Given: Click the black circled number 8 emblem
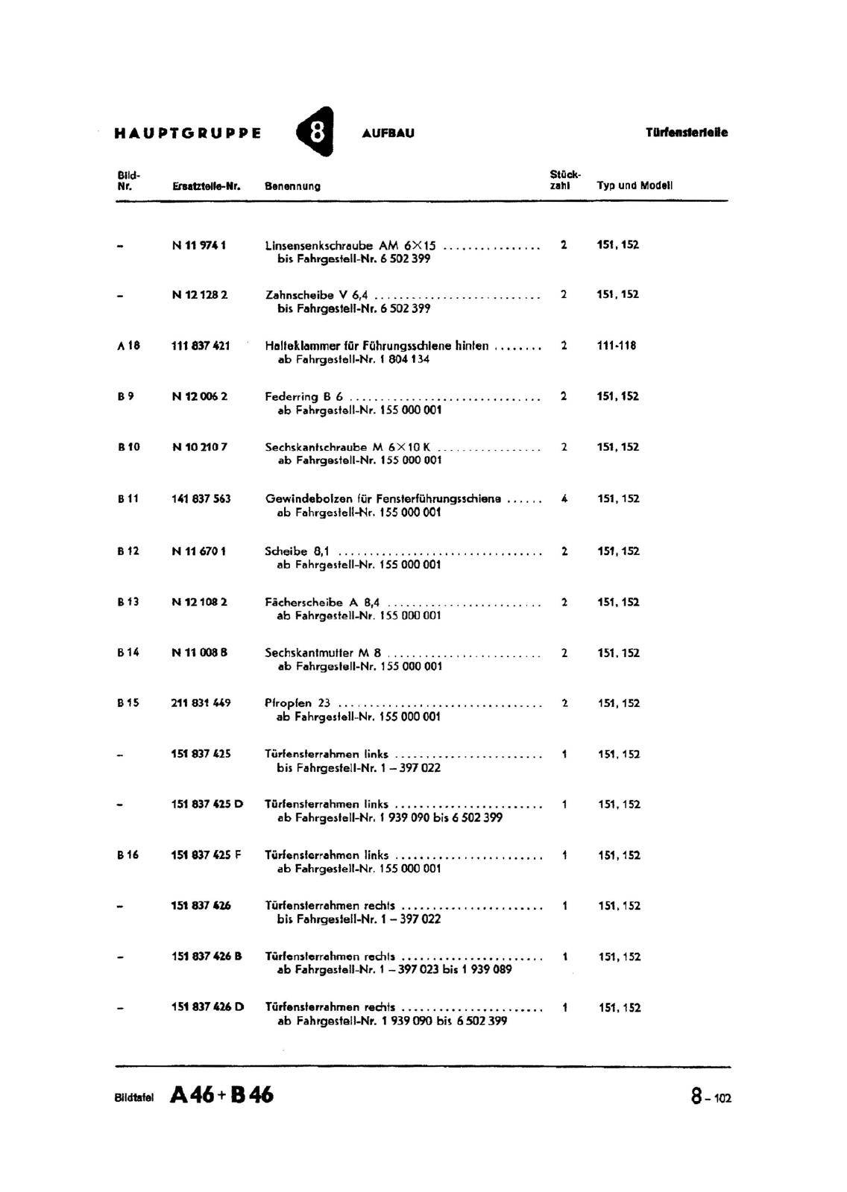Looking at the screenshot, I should click(315, 133).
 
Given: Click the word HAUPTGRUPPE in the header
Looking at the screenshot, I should click(188, 134).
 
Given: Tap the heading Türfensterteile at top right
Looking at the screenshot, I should click(686, 133).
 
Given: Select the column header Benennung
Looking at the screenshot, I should click(293, 186).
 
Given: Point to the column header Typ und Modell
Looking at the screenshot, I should click(635, 186).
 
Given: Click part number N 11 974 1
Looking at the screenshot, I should click(199, 244).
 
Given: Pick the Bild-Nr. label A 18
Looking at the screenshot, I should click(128, 346).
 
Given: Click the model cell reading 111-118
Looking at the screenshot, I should click(617, 346).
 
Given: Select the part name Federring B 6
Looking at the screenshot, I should click(304, 396).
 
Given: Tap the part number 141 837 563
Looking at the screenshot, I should click(201, 499).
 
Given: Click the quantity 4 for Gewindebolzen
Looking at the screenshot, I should click(564, 499).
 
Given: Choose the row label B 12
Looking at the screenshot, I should click(128, 551).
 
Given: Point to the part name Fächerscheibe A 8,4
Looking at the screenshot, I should click(323, 602).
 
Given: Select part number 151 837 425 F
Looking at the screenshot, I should click(207, 855).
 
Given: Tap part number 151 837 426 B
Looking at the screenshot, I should click(207, 957).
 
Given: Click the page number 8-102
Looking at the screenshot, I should click(711, 1097).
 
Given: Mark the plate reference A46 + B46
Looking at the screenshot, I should click(222, 1095).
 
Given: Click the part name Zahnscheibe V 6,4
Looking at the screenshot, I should click(317, 295).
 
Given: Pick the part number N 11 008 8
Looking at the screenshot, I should click(199, 653).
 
